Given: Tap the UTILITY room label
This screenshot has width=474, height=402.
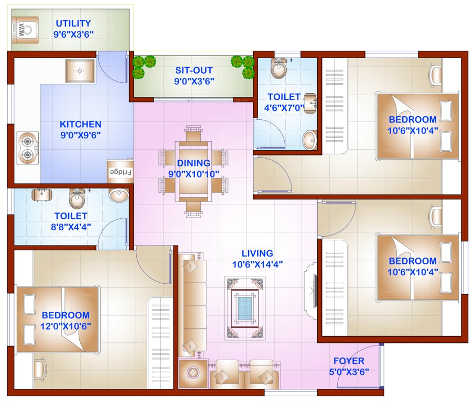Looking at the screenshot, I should click(x=73, y=24).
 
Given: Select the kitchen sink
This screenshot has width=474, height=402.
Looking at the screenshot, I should click(x=80, y=71).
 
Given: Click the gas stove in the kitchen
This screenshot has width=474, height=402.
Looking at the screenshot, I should click(x=28, y=148).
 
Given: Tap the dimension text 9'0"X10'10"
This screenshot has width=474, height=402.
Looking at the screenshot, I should click(x=193, y=174).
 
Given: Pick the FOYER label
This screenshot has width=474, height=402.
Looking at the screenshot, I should click(x=349, y=361).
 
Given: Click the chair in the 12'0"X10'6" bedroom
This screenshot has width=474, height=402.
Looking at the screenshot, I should click(x=39, y=369).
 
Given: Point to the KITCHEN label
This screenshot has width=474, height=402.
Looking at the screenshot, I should click(x=80, y=124).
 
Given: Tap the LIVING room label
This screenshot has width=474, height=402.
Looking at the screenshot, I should click(x=257, y=253).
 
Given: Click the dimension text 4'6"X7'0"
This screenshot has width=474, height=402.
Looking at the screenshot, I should click(x=284, y=108).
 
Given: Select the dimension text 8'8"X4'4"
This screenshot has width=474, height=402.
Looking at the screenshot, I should click(x=70, y=227).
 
